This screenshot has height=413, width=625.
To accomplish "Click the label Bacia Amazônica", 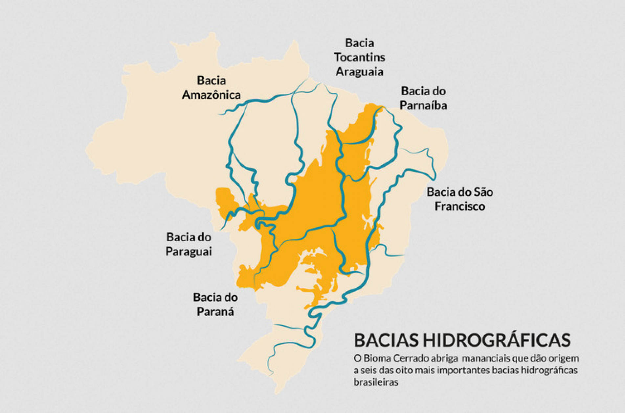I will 211,87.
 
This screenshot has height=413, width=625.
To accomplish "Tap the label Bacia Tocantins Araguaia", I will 359,57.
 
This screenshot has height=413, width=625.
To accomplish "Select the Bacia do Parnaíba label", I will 423,98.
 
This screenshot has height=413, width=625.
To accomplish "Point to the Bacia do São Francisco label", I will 459,199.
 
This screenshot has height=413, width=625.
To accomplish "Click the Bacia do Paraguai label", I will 189,244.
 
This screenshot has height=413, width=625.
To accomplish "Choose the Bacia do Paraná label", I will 215,304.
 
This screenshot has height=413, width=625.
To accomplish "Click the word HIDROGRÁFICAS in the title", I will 496,340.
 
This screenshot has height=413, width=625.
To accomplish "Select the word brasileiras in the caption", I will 376,382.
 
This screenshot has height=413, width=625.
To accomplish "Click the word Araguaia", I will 359,72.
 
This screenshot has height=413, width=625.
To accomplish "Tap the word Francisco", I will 459,206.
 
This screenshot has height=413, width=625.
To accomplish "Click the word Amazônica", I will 211,95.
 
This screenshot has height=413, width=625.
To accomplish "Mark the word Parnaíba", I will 423,105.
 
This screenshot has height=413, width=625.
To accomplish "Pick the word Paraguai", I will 189,252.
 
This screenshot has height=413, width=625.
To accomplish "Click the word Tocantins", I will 359,57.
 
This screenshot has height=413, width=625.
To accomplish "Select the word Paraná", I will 215,311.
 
